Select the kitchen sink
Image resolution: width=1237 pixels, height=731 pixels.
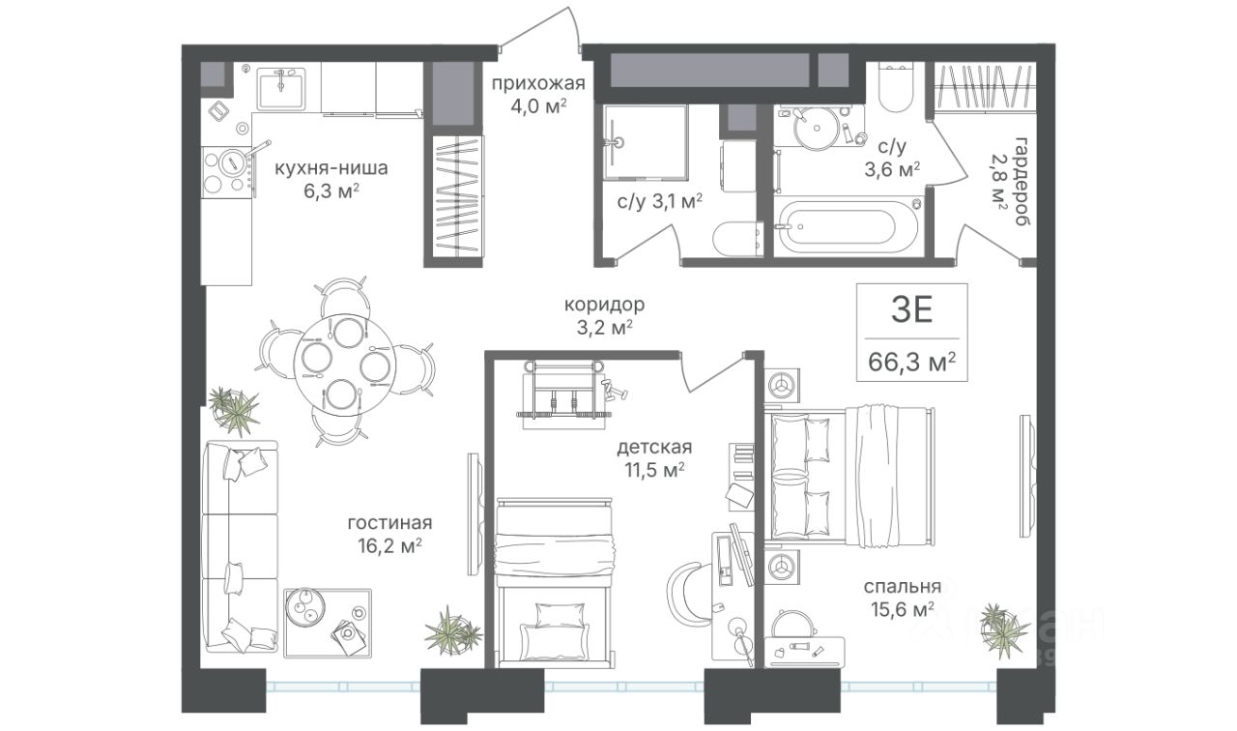(x=280, y=88)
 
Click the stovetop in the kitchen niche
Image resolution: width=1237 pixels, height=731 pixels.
(x=227, y=171)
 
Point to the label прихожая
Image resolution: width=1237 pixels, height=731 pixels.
(x=538, y=83)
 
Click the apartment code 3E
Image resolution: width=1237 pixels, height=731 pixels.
(x=911, y=309)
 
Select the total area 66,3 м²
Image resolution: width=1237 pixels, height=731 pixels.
(x=911, y=363)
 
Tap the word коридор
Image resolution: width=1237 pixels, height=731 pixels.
(x=604, y=305)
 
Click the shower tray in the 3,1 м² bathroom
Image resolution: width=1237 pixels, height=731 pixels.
(x=645, y=142)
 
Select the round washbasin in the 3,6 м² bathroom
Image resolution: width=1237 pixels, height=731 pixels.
(x=815, y=129)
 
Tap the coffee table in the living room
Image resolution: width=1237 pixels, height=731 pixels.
(x=328, y=623)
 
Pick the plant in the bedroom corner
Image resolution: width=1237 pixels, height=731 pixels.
(x=1002, y=629)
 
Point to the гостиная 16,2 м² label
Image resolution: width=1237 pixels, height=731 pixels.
(x=389, y=535)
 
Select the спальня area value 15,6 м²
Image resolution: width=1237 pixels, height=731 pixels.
(x=903, y=609)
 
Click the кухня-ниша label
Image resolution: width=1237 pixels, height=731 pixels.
(x=331, y=167)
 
